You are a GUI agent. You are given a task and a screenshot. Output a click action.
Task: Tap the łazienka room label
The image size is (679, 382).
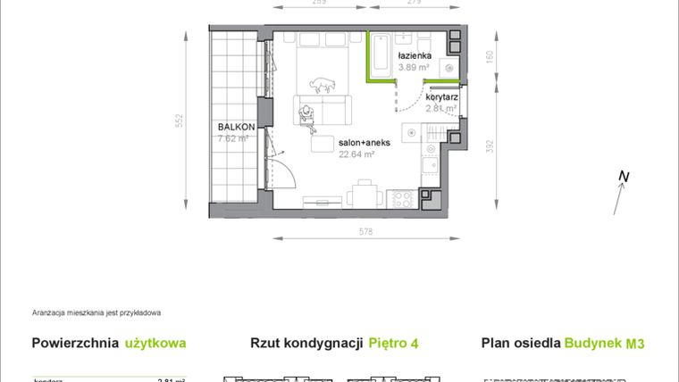click(415, 56)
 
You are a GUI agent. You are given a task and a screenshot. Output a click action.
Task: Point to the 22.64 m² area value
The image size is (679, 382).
click(356, 153)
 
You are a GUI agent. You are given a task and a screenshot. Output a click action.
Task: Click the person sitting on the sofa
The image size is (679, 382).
click(308, 113)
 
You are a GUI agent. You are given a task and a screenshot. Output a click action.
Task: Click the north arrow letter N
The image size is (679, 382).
click(624, 178)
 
